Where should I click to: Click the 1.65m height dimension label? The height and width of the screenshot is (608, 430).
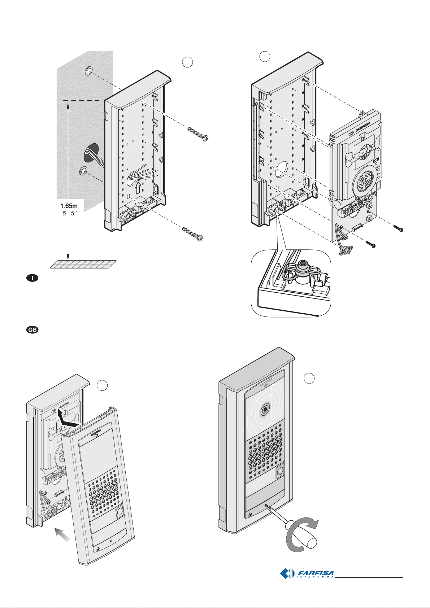[x=69, y=206]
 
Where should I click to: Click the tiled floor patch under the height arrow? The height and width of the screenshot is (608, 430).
[x=83, y=264]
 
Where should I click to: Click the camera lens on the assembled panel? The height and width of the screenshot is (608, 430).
[x=265, y=410]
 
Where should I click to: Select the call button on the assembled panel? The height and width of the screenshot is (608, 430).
[x=280, y=472]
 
